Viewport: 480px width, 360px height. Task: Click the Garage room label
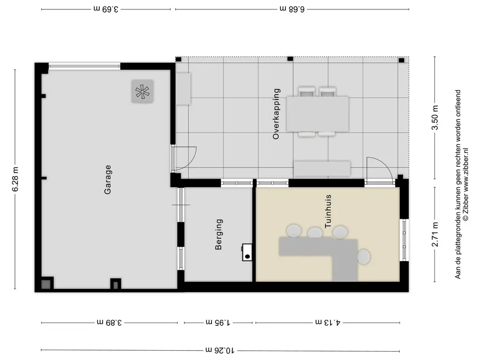pyautogui.click(x=108, y=179)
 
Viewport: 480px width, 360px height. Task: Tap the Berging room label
pyautogui.click(x=218, y=234)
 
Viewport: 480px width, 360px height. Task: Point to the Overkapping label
pyautogui.click(x=276, y=114)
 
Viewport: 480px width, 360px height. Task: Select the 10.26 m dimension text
pyautogui.click(x=220, y=350)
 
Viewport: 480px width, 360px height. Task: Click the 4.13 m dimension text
pyautogui.click(x=327, y=322)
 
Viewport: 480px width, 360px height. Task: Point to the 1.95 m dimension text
pyautogui.click(x=218, y=322)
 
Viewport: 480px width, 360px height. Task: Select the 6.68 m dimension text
pyautogui.click(x=292, y=8)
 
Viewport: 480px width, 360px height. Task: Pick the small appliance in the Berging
pyautogui.click(x=247, y=252)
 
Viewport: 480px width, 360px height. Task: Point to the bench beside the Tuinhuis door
pyautogui.click(x=322, y=168)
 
